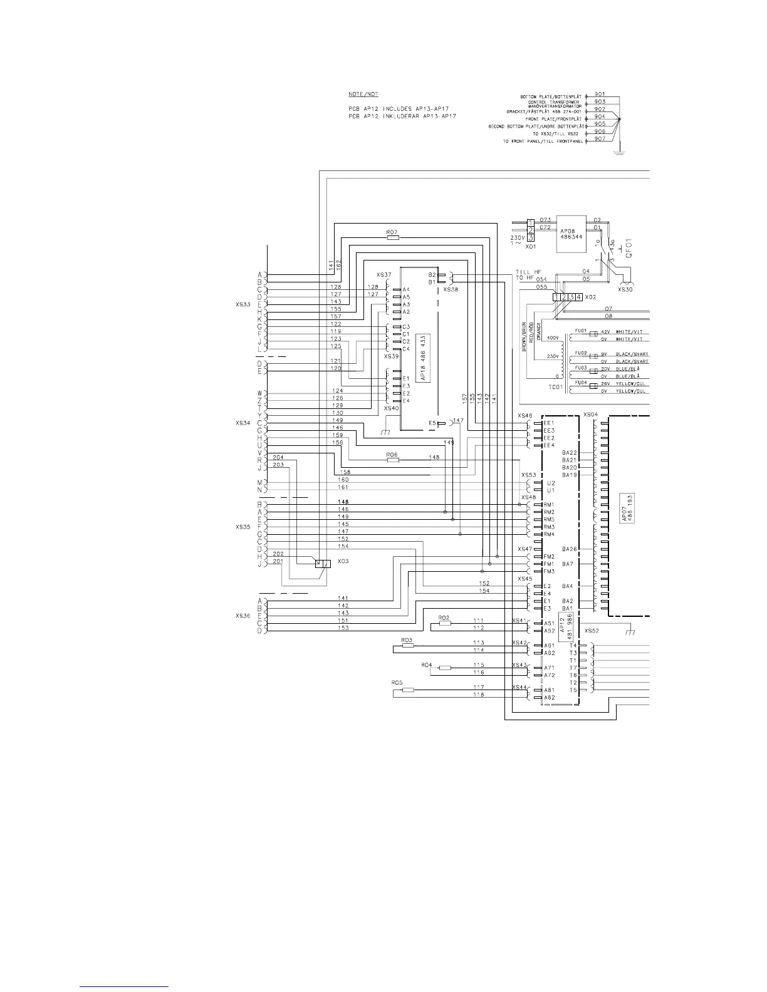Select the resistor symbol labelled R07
click(x=393, y=238)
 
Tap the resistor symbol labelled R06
click(x=393, y=460)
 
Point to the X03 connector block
click(x=323, y=563)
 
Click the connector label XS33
click(x=243, y=304)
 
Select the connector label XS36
click(x=243, y=616)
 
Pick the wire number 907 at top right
click(x=600, y=140)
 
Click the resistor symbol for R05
click(x=408, y=690)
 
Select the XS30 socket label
click(x=625, y=290)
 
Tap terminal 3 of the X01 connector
click(x=531, y=237)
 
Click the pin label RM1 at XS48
click(x=549, y=505)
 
